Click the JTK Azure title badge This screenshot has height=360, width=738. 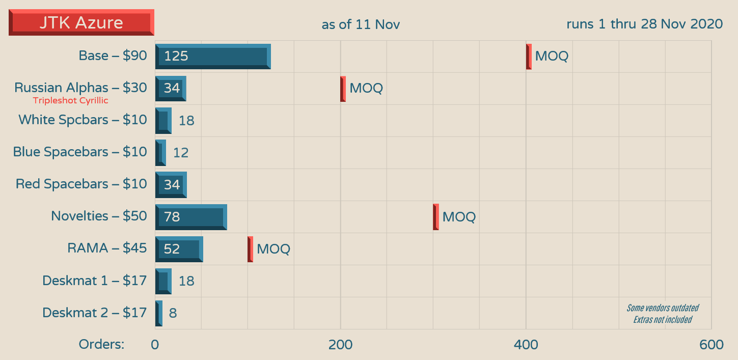coord(81,22)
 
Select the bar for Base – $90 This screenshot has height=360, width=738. coord(213,56)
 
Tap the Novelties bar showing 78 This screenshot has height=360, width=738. coord(191,217)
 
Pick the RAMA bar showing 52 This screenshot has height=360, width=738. coord(179,249)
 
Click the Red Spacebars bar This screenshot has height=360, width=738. coord(171,184)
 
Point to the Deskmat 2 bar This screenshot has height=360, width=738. coord(159,313)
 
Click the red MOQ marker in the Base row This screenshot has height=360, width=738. coord(529,56)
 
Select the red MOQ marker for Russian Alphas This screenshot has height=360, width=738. coord(343,89)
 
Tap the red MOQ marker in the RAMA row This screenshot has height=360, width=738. coord(250,249)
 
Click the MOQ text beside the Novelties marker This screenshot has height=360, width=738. coord(459,217)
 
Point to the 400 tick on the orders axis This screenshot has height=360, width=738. coord(526,345)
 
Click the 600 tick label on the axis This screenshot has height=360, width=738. coord(711,345)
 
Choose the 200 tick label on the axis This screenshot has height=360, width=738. coord(340,345)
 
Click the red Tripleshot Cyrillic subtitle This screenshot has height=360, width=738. coord(71,101)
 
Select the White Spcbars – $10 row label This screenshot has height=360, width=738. coord(83,120)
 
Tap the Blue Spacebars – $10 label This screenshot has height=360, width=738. coord(80,152)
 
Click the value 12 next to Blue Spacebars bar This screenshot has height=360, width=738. coord(181,152)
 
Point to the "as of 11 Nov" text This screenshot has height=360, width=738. coord(361,24)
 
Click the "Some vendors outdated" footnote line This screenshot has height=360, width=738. coord(662,308)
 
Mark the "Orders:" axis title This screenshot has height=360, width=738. coord(101,344)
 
